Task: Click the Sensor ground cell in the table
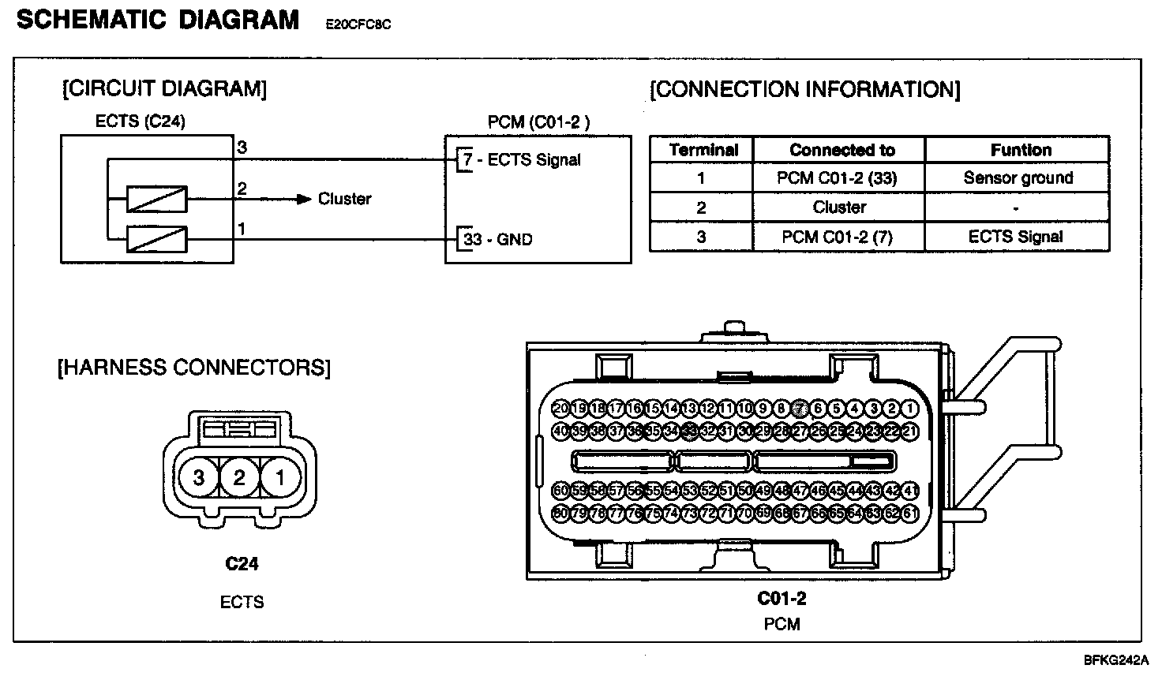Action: click(1018, 178)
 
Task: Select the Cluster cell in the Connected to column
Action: click(839, 207)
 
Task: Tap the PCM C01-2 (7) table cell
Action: click(838, 237)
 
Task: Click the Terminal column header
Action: click(703, 150)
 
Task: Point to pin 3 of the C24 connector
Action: click(199, 477)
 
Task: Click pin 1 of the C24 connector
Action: click(279, 477)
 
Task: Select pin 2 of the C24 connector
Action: click(239, 477)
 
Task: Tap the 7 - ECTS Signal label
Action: click(522, 160)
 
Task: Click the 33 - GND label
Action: click(498, 239)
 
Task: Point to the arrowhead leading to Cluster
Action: click(305, 200)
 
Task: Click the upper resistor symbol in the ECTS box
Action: click(157, 200)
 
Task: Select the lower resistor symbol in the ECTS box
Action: click(157, 239)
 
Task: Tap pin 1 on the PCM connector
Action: click(910, 409)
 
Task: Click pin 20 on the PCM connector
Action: click(560, 409)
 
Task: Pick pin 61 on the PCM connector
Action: click(910, 514)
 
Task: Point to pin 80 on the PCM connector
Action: click(560, 514)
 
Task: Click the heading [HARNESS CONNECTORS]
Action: click(194, 368)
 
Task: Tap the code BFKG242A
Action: click(1116, 660)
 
